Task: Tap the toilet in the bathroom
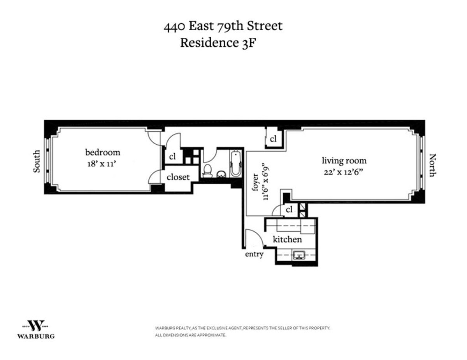208,171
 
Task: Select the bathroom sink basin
221,174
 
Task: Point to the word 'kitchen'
287,239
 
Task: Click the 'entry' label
254,254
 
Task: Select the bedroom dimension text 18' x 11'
103,164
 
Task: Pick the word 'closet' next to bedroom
178,177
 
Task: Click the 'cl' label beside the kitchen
289,210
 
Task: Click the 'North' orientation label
432,165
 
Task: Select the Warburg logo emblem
36,325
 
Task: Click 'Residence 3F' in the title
219,42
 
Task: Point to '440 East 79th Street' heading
223,26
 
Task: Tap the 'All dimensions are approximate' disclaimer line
190,335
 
